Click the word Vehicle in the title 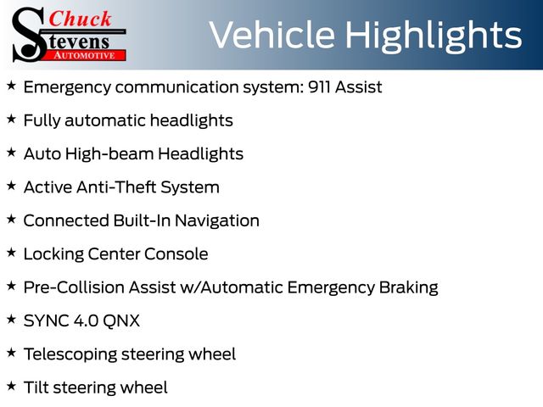click(272, 35)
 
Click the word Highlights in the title click(434, 36)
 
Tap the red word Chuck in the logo click(80, 19)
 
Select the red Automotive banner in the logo click(85, 55)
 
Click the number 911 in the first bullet click(319, 86)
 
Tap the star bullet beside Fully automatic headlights click(11, 119)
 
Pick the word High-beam click(109, 153)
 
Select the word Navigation click(217, 220)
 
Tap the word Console click(176, 254)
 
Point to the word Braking click(409, 288)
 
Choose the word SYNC click(46, 321)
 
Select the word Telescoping click(70, 354)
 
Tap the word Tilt click(36, 387)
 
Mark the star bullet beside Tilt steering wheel click(11, 386)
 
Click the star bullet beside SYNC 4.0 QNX click(11, 319)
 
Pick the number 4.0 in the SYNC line click(86, 321)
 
